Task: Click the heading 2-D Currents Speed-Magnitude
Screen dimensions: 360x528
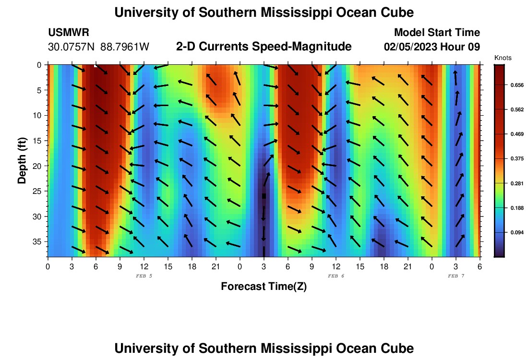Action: pos(264,47)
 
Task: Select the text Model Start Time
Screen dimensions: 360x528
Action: pos(437,33)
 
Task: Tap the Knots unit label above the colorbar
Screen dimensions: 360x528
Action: pos(503,58)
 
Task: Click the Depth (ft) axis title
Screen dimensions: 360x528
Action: pos(22,160)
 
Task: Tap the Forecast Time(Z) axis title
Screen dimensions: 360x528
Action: pos(264,287)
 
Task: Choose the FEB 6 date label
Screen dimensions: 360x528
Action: pos(336,276)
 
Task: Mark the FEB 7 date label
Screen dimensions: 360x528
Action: pos(456,276)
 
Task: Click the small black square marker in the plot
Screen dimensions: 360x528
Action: pos(264,196)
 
